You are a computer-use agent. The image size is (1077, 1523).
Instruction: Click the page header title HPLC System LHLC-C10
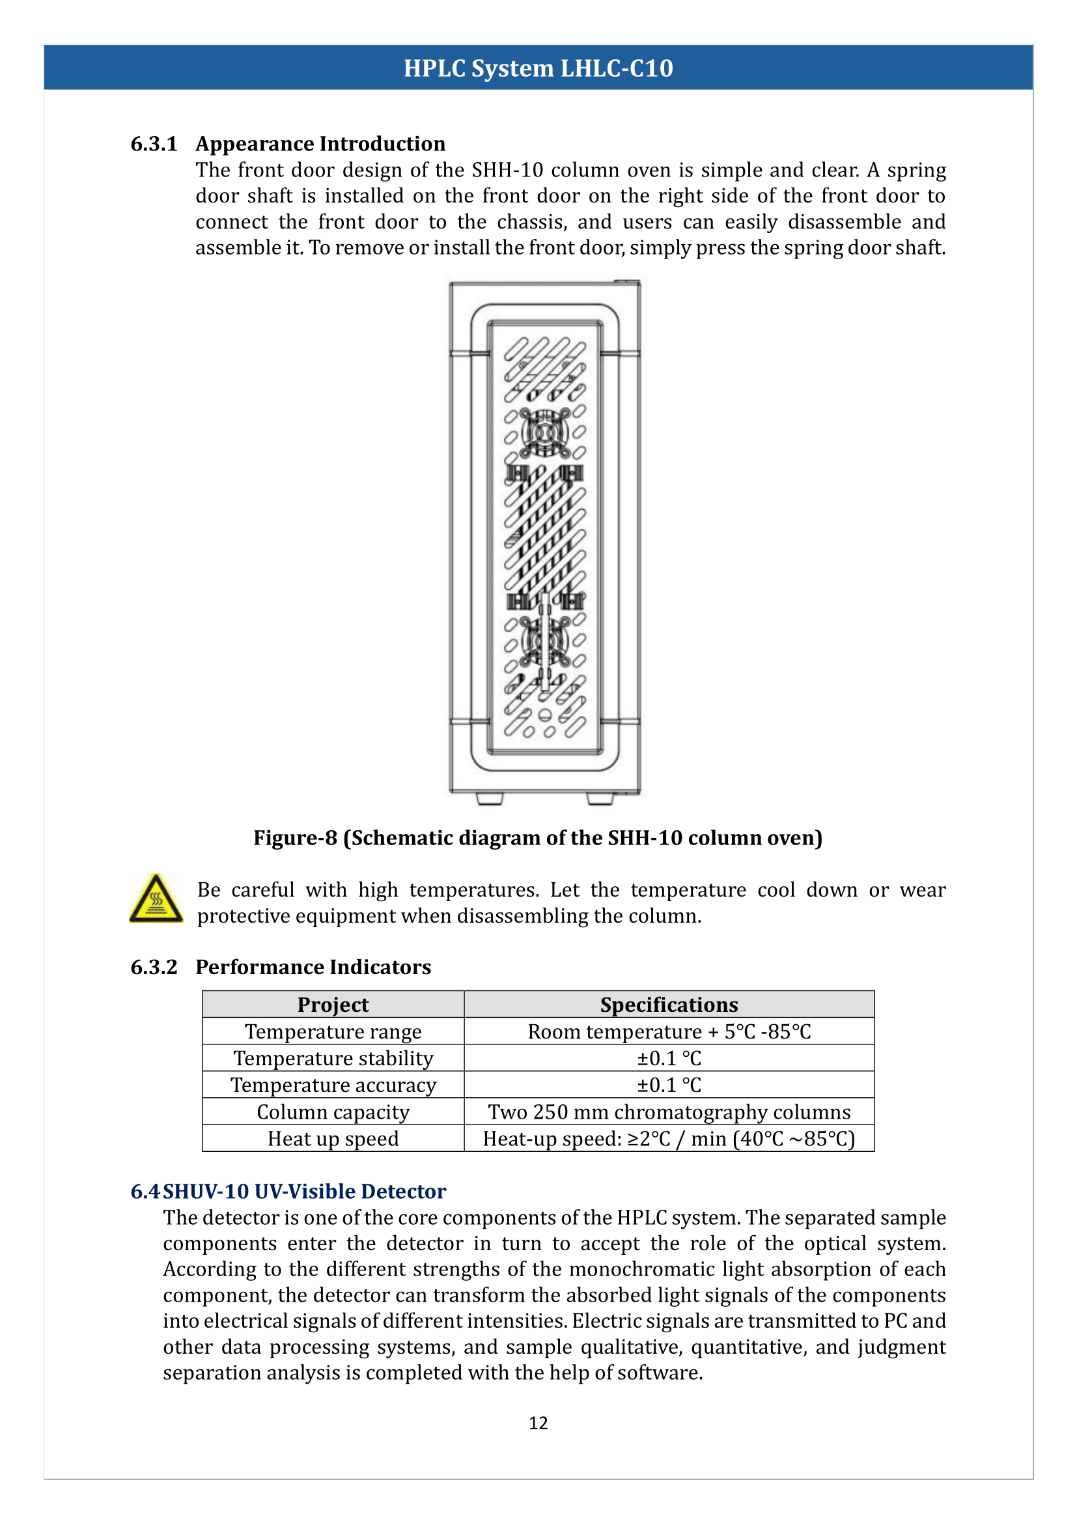pos(538,68)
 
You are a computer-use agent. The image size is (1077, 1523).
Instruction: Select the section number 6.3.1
pos(154,144)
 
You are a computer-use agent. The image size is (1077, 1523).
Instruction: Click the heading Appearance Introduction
pos(320,144)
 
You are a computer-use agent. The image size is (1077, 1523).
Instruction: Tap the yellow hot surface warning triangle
pos(156,899)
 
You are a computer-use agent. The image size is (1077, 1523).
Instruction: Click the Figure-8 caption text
pos(538,838)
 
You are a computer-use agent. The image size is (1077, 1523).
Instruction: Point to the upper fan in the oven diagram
pos(544,432)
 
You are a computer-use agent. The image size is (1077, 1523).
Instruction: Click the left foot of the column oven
pos(490,799)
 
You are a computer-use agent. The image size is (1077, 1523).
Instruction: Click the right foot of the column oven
pos(600,799)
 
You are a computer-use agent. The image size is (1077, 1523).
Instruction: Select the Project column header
pos(333,1005)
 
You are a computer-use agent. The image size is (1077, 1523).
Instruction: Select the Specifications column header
pos(669,1005)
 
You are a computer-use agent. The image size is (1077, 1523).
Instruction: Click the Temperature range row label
pos(333,1031)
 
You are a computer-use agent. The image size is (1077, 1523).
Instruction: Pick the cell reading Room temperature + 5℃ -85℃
pos(669,1031)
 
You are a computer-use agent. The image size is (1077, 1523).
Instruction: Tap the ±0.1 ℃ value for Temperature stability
pos(669,1058)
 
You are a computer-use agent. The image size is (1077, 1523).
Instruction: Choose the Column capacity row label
pos(333,1111)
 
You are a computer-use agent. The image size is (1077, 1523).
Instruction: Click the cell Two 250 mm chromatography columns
pos(669,1111)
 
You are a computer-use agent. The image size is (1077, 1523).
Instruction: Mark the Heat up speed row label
pos(333,1138)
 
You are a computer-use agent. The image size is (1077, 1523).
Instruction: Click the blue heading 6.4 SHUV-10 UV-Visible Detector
pos(288,1192)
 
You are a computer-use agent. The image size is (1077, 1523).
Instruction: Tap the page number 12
pos(538,1423)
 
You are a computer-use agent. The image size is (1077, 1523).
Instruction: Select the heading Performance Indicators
pos(313,967)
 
